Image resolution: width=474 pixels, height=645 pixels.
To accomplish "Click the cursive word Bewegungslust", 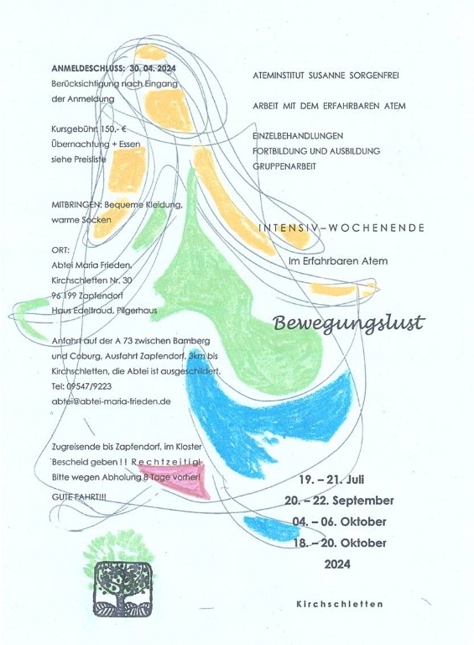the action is pos(348,322).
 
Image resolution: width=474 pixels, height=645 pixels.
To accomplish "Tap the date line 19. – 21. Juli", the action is pos(331,480).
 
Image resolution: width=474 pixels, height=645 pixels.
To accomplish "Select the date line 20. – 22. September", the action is pos(339,501).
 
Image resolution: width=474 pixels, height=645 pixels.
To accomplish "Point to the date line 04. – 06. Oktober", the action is pos(339,522).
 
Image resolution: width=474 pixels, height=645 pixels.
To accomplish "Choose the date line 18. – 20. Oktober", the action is pos(340,543).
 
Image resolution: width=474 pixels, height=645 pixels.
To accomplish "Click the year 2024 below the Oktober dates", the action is pos(337,564).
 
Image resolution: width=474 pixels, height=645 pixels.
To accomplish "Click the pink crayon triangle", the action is pos(178,480).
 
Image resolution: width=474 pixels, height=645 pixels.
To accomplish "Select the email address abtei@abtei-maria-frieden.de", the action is pos(111,401).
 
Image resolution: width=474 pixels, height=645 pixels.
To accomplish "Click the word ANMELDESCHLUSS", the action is pos(87,68).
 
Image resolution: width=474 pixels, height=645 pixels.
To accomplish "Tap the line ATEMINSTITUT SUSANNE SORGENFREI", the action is pos(326,76).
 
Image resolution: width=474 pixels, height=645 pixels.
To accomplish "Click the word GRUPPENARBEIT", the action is pos(284,166).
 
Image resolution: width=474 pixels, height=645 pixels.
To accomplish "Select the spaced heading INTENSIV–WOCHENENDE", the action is pos(341,228).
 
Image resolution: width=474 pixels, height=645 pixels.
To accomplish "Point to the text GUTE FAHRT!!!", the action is pos(79,497).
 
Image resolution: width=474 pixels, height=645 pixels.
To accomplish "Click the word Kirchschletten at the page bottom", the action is pos(339,604).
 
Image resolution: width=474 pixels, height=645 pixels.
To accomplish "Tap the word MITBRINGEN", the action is pos(76,204).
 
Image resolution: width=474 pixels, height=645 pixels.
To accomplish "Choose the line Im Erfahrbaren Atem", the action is pos(338,261).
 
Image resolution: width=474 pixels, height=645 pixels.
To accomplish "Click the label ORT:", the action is pos(60,250).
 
